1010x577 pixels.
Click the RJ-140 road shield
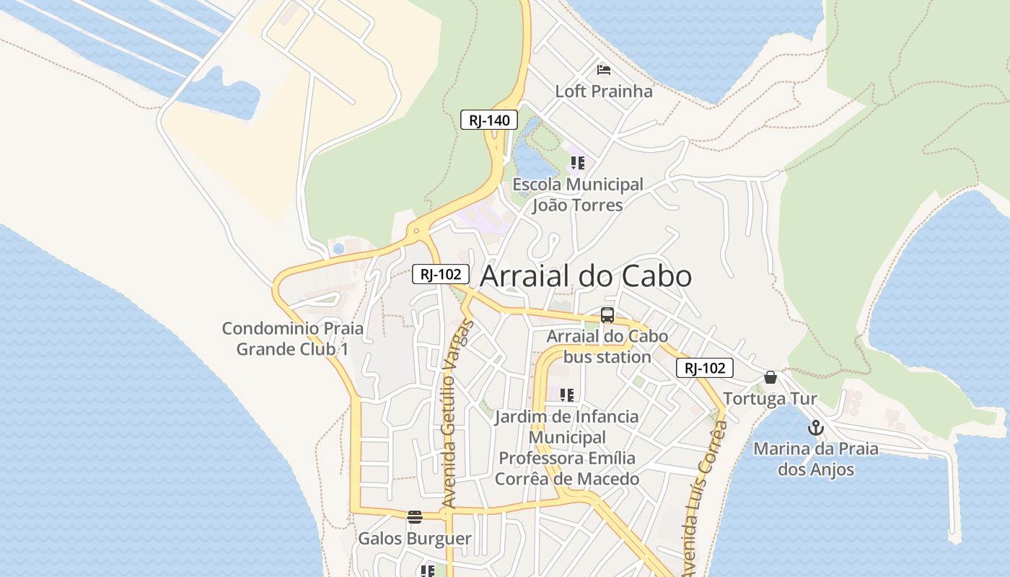[x=489, y=120]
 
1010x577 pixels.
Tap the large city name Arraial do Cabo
[x=586, y=276]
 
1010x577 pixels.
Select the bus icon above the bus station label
[x=607, y=315]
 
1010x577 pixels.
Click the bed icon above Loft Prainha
[x=604, y=70]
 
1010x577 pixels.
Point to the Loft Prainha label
[x=604, y=92]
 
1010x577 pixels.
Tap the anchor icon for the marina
[x=815, y=428]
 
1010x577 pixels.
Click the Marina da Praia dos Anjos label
[x=816, y=459]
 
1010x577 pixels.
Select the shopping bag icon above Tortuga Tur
[x=770, y=377]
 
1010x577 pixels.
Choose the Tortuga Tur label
[x=770, y=399]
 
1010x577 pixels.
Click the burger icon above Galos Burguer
[x=414, y=516]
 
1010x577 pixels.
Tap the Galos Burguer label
[x=415, y=539]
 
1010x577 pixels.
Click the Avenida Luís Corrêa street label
[x=703, y=498]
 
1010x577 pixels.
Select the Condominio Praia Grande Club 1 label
[x=293, y=339]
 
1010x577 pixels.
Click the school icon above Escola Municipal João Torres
[x=577, y=163]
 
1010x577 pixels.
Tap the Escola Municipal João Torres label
[x=577, y=195]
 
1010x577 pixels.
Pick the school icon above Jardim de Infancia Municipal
[x=567, y=395]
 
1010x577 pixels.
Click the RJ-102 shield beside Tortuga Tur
[x=704, y=368]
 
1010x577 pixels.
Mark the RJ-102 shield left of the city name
[x=441, y=274]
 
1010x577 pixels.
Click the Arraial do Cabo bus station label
[x=607, y=346]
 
